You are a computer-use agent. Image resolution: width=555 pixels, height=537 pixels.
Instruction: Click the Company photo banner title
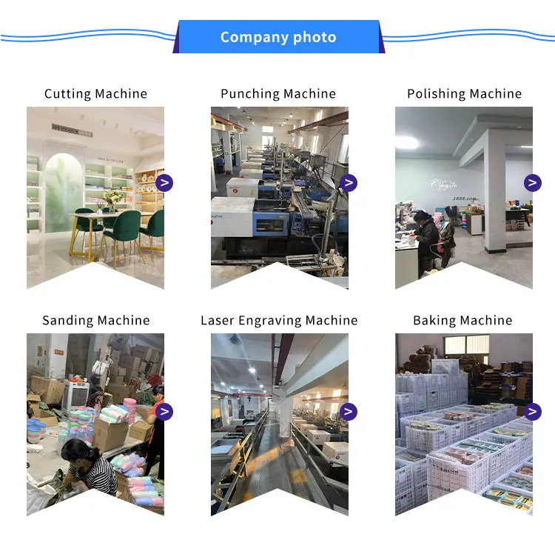[x=278, y=37]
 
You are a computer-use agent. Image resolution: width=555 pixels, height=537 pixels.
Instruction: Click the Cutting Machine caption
[x=95, y=93]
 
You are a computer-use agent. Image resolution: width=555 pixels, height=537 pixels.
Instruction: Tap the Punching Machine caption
[x=278, y=93]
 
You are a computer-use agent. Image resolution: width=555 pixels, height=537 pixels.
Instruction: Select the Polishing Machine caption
[x=464, y=93]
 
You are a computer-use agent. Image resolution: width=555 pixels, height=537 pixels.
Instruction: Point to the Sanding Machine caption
[x=95, y=320]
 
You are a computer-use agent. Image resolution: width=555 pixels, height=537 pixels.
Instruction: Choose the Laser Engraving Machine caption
[x=278, y=320]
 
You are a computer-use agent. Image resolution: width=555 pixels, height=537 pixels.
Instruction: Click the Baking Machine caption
[x=462, y=320]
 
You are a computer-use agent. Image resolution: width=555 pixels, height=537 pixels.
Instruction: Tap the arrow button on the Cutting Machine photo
[x=164, y=183]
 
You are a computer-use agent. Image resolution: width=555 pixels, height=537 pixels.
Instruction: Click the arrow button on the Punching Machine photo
[x=349, y=183]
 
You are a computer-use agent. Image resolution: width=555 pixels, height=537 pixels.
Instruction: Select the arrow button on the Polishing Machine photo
[x=532, y=183]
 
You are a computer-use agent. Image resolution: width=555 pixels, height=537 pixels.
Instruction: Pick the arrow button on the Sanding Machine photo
[x=164, y=412]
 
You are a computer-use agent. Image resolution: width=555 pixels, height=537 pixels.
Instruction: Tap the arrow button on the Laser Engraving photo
[x=349, y=412]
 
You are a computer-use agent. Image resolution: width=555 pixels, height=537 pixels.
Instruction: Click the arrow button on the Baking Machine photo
[x=532, y=412]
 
